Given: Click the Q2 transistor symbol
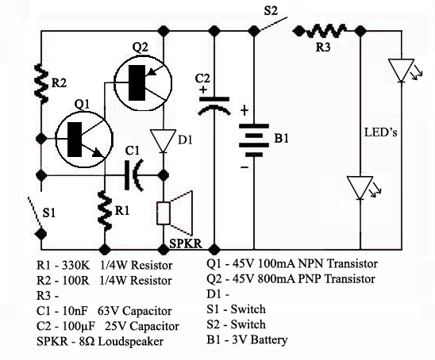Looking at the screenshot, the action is coord(143,82).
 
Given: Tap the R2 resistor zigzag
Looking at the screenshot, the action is coord(41,83).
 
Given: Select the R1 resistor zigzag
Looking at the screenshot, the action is coord(105,211).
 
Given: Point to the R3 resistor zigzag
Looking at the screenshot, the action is coord(325,31).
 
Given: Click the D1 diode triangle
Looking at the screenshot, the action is coord(164,140).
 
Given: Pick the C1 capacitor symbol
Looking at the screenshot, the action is coord(134,175).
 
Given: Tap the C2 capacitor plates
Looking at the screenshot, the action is coord(214,105).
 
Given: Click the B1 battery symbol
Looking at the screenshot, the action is coord(253,140).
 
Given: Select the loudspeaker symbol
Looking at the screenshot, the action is coord(175,213).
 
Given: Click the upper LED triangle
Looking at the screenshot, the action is coord(401,71).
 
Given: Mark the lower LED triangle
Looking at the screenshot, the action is coord(360,188).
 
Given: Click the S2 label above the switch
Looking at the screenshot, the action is coord(271,11).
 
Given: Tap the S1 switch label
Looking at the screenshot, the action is coord(49,213).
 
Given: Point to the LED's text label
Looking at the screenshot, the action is coord(381,132).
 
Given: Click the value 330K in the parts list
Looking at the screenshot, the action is coord(75,265).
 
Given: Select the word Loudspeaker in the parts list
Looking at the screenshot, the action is coord(131,342).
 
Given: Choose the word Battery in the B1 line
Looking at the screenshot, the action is coord(270,340).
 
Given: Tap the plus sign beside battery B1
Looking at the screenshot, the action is coord(244,111).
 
